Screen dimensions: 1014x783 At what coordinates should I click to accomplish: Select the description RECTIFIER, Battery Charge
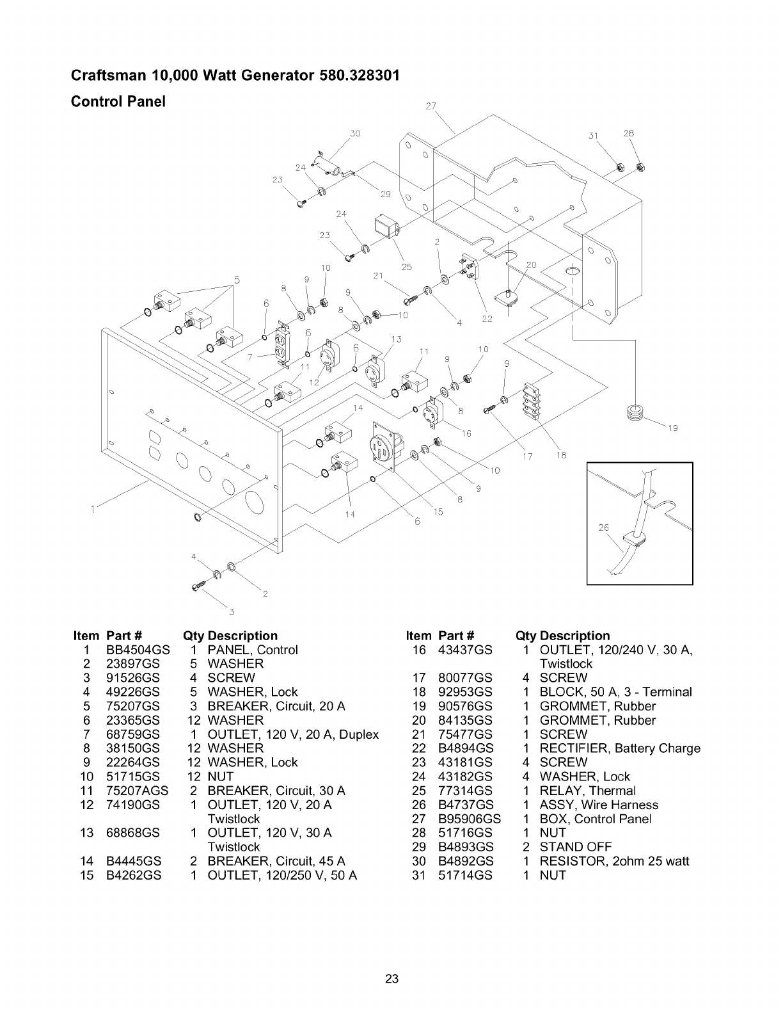[620, 748]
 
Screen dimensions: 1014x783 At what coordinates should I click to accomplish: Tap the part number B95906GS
[469, 819]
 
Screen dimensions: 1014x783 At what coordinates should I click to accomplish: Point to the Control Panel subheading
[118, 102]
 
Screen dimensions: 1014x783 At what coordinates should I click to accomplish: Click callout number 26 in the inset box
[603, 528]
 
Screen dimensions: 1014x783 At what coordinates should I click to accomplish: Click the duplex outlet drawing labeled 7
[281, 346]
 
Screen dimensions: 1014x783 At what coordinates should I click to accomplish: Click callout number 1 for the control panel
[93, 510]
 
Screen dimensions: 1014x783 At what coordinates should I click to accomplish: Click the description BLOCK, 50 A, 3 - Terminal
[615, 692]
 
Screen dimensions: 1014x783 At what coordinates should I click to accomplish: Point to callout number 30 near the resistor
[356, 134]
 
